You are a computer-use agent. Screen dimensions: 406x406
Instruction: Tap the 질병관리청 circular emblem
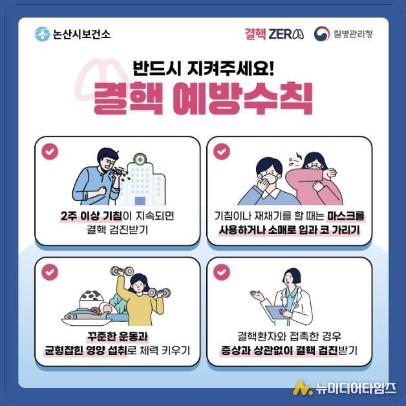tap(322, 34)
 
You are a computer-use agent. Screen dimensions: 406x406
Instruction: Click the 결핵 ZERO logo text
tap(274, 34)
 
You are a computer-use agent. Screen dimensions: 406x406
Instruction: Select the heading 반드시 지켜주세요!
tap(203, 67)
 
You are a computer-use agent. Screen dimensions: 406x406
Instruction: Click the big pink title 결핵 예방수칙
tap(203, 99)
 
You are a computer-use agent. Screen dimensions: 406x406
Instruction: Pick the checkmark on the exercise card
tap(49, 272)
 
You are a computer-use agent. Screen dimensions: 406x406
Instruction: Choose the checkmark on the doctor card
tap(222, 272)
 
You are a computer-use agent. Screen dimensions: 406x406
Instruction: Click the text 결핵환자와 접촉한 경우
tap(288, 337)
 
